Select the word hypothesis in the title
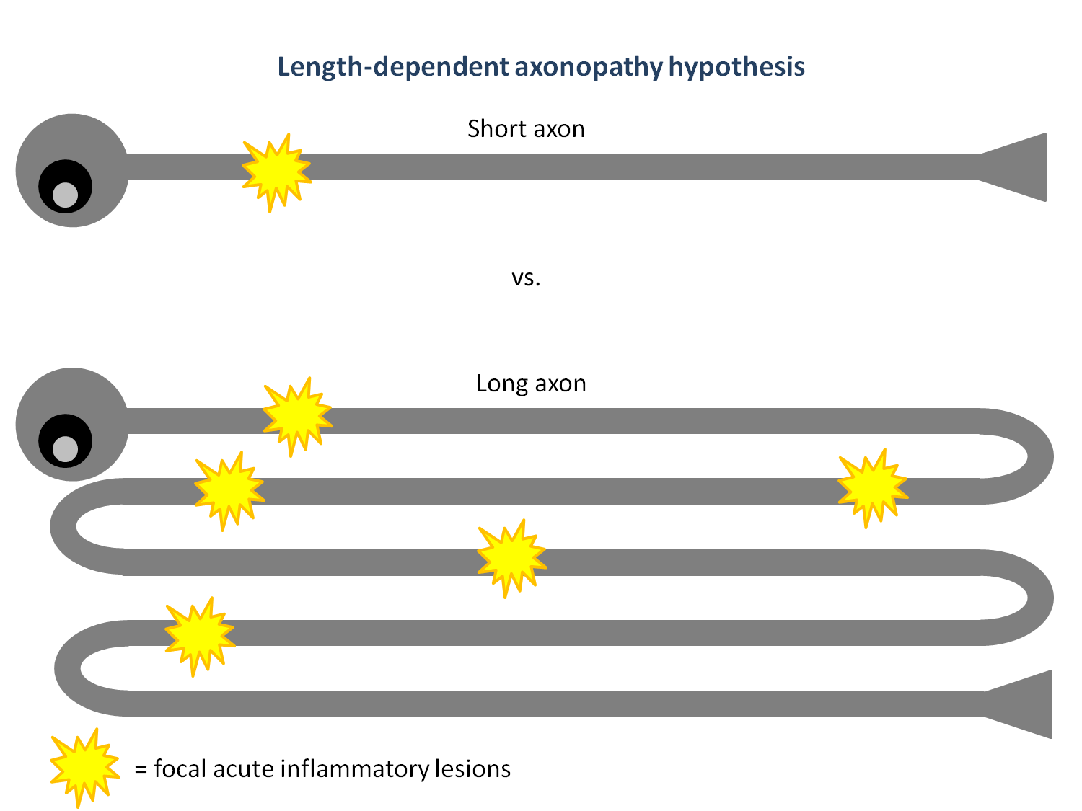click(736, 67)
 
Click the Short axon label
click(526, 129)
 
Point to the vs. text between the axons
click(526, 278)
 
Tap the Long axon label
click(531, 384)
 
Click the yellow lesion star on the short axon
click(276, 172)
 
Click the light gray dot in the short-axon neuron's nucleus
click(66, 195)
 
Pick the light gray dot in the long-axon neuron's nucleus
click(66, 448)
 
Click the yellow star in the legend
click(84, 766)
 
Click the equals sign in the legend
click(141, 770)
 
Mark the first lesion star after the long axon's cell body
click(297, 415)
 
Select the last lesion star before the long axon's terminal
click(200, 635)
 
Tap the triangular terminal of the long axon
click(1024, 704)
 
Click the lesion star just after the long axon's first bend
click(872, 487)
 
